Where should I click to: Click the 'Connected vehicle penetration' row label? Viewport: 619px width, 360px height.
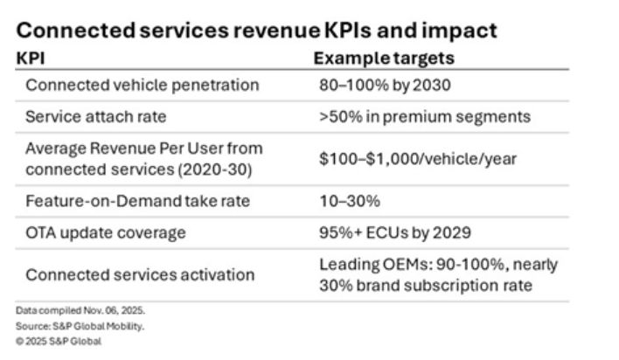(143, 86)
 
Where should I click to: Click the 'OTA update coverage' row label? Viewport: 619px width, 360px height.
(105, 233)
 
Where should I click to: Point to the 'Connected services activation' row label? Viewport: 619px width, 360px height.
(140, 274)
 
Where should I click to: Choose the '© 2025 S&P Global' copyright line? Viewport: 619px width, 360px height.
(58, 341)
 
